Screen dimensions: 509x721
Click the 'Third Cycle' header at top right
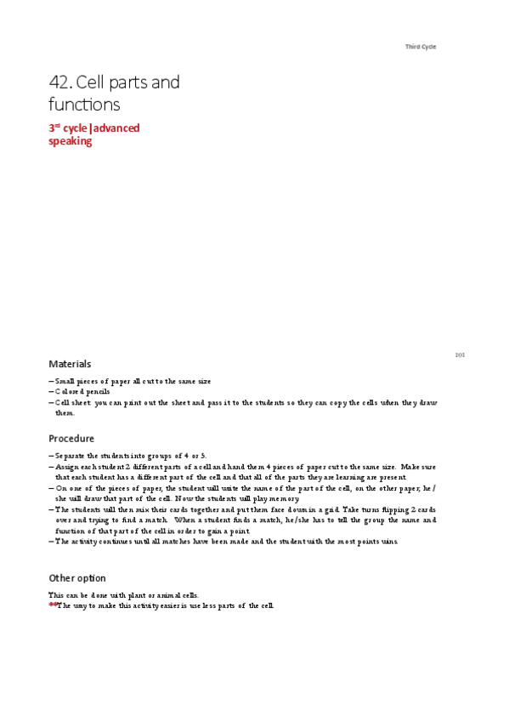point(421,47)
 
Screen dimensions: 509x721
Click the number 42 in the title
point(60,83)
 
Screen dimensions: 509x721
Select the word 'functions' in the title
point(85,105)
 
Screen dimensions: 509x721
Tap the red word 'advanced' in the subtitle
point(117,128)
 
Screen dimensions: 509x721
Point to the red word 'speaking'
point(70,142)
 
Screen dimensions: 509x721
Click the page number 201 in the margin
point(460,355)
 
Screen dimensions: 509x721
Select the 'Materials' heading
point(70,364)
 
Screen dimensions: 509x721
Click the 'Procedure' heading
point(71,440)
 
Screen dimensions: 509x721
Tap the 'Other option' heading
point(77,577)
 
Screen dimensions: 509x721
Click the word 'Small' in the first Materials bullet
point(65,381)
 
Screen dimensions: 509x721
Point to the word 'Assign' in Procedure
point(68,467)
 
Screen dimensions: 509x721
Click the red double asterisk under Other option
point(53,605)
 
